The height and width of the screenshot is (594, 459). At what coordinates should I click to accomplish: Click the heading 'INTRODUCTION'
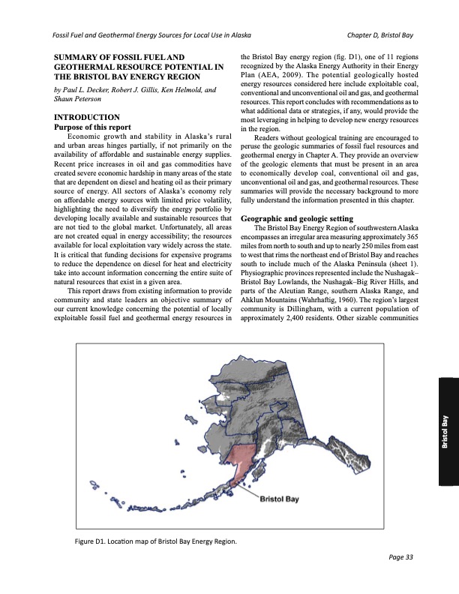[82, 118]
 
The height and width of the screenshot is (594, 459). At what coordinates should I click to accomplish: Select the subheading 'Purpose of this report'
[89, 127]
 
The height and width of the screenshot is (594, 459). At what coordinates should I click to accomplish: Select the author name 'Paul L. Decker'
[88, 89]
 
